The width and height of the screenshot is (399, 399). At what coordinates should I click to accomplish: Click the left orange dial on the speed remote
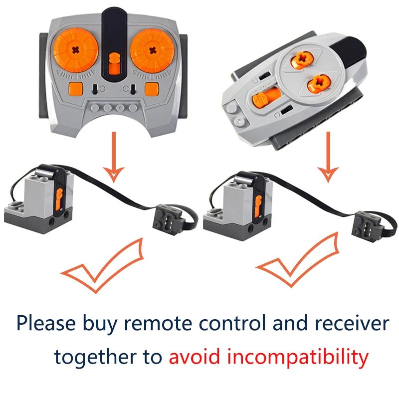pos(76,50)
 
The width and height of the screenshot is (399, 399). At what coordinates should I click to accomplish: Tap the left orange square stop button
pos(76,88)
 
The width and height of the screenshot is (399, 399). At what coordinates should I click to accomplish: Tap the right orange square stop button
pos(152,88)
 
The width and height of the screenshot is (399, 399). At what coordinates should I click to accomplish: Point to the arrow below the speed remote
pos(114,157)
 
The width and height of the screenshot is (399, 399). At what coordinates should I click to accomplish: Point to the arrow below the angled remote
pos(328,157)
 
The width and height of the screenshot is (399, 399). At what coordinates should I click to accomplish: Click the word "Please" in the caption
pos(46,323)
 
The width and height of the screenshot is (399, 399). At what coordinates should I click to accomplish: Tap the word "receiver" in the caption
pos(352,323)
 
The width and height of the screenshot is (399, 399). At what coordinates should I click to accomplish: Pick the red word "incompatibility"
pos(298,357)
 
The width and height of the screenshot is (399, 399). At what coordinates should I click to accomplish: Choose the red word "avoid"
pos(194,356)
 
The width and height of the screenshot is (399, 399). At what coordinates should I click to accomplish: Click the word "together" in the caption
pos(95,357)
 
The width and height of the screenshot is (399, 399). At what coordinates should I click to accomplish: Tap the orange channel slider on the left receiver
pos(59,199)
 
